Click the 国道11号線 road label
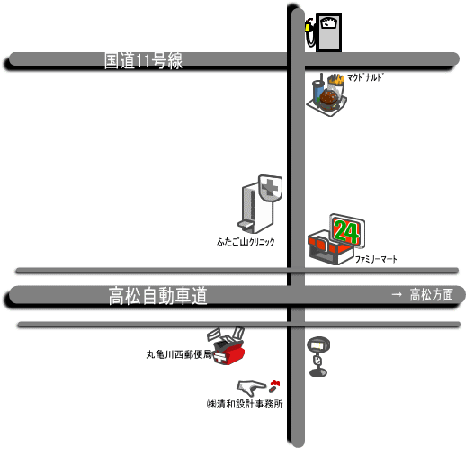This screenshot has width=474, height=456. pos(143,61)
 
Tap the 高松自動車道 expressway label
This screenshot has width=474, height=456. pos(157,296)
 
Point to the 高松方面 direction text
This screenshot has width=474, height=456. pos(432,294)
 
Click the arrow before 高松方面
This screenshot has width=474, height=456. pos(397,294)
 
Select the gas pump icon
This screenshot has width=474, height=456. pos(324,32)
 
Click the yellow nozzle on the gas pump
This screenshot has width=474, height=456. pos(308,27)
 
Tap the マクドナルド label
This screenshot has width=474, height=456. pos(365,77)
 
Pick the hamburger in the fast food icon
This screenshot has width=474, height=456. pos(328,100)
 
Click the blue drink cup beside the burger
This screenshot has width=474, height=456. pos(318,90)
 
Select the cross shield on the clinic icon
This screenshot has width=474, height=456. pos(270,188)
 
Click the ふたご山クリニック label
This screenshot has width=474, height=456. pos(246,242)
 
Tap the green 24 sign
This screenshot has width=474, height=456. pos(346,232)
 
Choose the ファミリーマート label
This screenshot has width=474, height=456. pos(376,259)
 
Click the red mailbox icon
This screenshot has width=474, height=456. pos(228,353)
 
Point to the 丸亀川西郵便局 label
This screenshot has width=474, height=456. pos(179,354)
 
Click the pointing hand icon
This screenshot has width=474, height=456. pos(251,388)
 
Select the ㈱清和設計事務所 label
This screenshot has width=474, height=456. pos(245,404)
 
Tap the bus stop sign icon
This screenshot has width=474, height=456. pos(318,356)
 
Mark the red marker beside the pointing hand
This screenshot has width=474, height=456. pos(274,386)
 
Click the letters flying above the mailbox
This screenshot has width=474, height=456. pos(226,335)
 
